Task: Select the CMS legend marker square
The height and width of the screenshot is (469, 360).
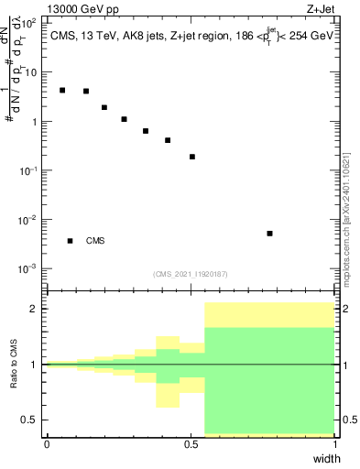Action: (x=70, y=241)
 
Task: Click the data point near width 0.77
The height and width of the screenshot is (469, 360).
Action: (x=269, y=234)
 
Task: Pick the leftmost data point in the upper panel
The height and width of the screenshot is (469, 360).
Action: (x=62, y=90)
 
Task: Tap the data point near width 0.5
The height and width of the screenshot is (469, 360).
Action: (x=192, y=157)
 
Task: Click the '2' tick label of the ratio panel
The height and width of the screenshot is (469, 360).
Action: (x=35, y=310)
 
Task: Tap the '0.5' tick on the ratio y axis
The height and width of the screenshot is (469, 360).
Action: (x=30, y=420)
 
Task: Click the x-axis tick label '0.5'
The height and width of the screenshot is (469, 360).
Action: (x=191, y=444)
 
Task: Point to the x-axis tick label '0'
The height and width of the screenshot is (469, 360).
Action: (x=47, y=444)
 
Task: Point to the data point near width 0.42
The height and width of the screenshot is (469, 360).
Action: (x=168, y=140)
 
